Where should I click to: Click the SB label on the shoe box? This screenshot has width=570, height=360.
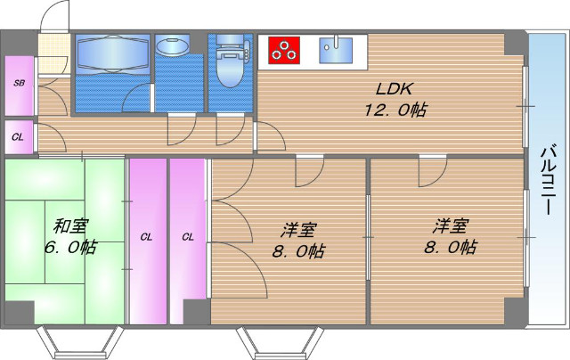(18, 83)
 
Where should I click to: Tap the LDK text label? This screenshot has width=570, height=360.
(393, 89)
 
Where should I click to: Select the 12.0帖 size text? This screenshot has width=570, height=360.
(393, 110)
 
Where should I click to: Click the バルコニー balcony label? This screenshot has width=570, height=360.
(548, 177)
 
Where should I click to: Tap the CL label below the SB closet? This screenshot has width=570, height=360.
(18, 137)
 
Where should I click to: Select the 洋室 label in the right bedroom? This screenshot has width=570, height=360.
(451, 225)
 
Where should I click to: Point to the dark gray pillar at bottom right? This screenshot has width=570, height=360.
(514, 312)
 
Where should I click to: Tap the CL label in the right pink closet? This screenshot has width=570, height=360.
(188, 237)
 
